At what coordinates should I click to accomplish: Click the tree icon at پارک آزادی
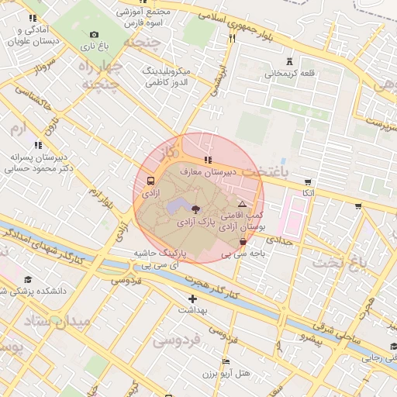click(x=195, y=209)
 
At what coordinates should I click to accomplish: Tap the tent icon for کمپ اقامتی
click(x=242, y=203)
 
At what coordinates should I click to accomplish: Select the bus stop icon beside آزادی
click(x=150, y=183)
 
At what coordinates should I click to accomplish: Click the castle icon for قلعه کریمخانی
click(x=290, y=61)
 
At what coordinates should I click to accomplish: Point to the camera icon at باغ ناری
click(x=94, y=34)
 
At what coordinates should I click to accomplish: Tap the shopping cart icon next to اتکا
click(x=308, y=181)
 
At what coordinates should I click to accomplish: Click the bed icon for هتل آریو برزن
click(x=226, y=362)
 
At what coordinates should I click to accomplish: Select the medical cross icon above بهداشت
click(x=192, y=299)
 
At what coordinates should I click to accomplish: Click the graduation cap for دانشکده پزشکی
click(x=29, y=280)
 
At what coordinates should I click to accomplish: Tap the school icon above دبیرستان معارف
click(x=206, y=160)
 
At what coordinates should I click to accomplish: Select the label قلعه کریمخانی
click(x=291, y=74)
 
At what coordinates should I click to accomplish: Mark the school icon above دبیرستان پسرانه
click(x=37, y=144)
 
